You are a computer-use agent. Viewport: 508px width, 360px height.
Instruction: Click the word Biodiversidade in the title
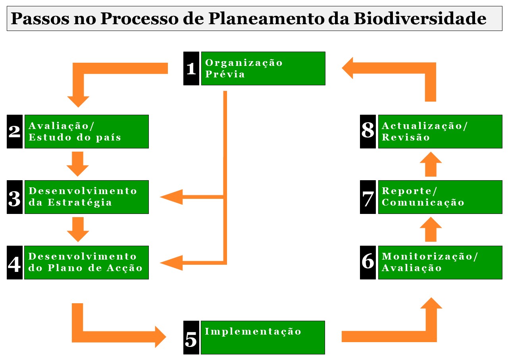[420, 18]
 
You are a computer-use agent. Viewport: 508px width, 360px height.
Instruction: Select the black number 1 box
[191, 68]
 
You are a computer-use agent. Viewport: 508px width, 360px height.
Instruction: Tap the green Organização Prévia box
[263, 68]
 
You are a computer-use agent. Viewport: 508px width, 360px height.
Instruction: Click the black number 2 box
[15, 131]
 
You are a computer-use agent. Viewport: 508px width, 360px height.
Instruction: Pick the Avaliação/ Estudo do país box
[87, 131]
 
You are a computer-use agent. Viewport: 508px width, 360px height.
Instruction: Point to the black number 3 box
[15, 197]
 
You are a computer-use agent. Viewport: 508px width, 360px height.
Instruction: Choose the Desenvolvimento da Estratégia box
[87, 197]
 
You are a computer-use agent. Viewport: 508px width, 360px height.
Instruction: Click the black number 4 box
[15, 262]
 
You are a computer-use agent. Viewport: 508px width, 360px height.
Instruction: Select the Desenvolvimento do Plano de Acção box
[87, 262]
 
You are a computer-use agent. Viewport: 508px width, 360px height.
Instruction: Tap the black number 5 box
[191, 337]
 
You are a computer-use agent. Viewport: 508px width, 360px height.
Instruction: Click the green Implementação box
[263, 337]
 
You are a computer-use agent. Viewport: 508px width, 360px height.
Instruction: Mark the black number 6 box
[368, 262]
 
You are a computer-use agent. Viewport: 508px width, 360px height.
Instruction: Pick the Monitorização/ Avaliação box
[440, 262]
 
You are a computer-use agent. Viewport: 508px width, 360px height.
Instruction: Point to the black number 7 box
[368, 197]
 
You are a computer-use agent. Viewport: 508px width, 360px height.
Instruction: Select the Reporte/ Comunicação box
[440, 197]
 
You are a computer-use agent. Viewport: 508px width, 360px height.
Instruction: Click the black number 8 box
[368, 131]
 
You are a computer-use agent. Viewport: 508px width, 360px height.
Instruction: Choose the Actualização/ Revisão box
[440, 131]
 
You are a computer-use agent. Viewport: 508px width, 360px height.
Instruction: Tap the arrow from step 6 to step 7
[431, 229]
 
